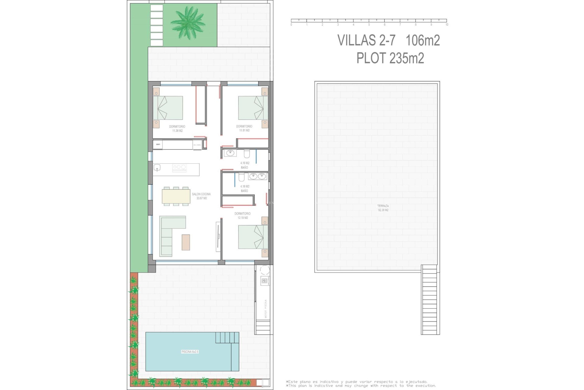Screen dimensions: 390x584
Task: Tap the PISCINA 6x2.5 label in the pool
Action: pyautogui.click(x=190, y=352)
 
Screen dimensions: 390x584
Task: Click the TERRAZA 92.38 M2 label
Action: pyautogui.click(x=383, y=208)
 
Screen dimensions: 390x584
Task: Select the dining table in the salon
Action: pyautogui.click(x=176, y=196)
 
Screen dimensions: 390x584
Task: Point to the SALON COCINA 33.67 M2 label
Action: pyautogui.click(x=201, y=196)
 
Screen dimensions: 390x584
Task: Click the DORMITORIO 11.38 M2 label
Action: pyautogui.click(x=177, y=129)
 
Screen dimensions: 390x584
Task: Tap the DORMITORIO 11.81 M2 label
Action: pyautogui.click(x=244, y=128)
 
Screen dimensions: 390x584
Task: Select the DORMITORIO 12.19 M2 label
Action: pyautogui.click(x=242, y=216)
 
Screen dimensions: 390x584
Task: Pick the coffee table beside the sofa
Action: pyautogui.click(x=186, y=242)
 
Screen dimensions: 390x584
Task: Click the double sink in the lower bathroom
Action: pyautogui.click(x=257, y=176)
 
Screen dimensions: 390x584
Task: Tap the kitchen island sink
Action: pyautogui.click(x=157, y=167)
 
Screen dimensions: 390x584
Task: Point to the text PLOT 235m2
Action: pyautogui.click(x=390, y=58)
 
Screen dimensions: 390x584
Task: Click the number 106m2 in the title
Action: pyautogui.click(x=423, y=41)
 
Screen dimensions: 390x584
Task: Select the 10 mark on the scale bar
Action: pyautogui.click(x=447, y=25)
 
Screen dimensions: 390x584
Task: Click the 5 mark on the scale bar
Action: pyautogui.click(x=369, y=25)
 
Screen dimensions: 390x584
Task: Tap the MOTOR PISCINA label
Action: pyautogui.click(x=266, y=309)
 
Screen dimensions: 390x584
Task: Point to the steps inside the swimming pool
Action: pyautogui.click(x=227, y=338)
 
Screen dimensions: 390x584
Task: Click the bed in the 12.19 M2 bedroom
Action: pyautogui.click(x=253, y=237)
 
